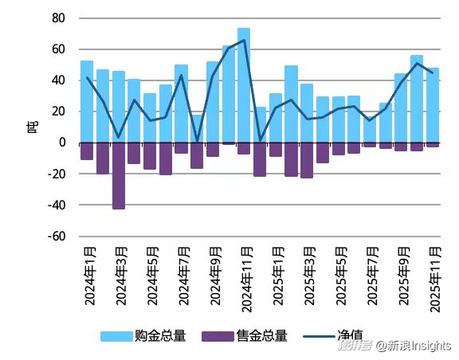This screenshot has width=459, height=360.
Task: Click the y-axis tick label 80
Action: point(57,18)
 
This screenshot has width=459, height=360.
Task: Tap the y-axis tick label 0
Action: point(61,143)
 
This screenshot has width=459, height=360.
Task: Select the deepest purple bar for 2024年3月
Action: point(119,176)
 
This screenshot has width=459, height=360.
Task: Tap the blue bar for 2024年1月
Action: point(87,102)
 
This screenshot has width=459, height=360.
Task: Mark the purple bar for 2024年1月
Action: point(87,151)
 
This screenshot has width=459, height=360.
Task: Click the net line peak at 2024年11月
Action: point(244,40)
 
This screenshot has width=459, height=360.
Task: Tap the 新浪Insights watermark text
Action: point(414,346)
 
